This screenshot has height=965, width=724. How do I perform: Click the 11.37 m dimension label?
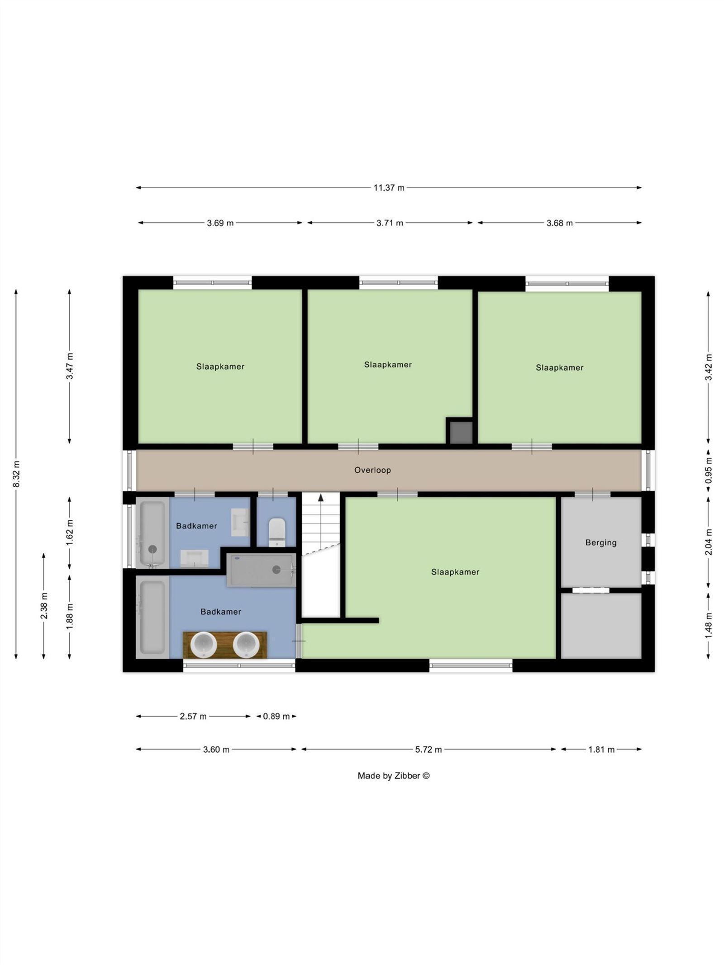tap(389, 188)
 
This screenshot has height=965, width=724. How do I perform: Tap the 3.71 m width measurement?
tap(390, 223)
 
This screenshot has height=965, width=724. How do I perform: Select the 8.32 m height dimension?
tap(16, 474)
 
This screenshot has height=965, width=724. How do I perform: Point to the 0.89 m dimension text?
tap(276, 716)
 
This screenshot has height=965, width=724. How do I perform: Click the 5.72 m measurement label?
tap(429, 750)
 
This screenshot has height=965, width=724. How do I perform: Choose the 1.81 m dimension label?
tap(601, 750)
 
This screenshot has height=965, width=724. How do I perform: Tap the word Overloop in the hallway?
tap(372, 470)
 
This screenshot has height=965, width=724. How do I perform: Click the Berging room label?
tap(601, 542)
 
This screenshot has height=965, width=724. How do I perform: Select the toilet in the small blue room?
tap(276, 532)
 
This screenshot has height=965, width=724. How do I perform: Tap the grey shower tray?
tap(261, 570)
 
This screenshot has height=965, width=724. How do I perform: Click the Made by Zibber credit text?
tap(394, 775)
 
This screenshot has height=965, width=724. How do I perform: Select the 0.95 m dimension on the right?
tap(709, 471)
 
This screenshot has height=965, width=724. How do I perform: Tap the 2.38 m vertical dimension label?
tap(44, 606)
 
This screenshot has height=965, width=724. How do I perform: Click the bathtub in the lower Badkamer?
tap(152, 617)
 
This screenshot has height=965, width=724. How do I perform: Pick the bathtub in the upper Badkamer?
tap(152, 532)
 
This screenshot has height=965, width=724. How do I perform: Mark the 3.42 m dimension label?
tap(709, 367)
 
